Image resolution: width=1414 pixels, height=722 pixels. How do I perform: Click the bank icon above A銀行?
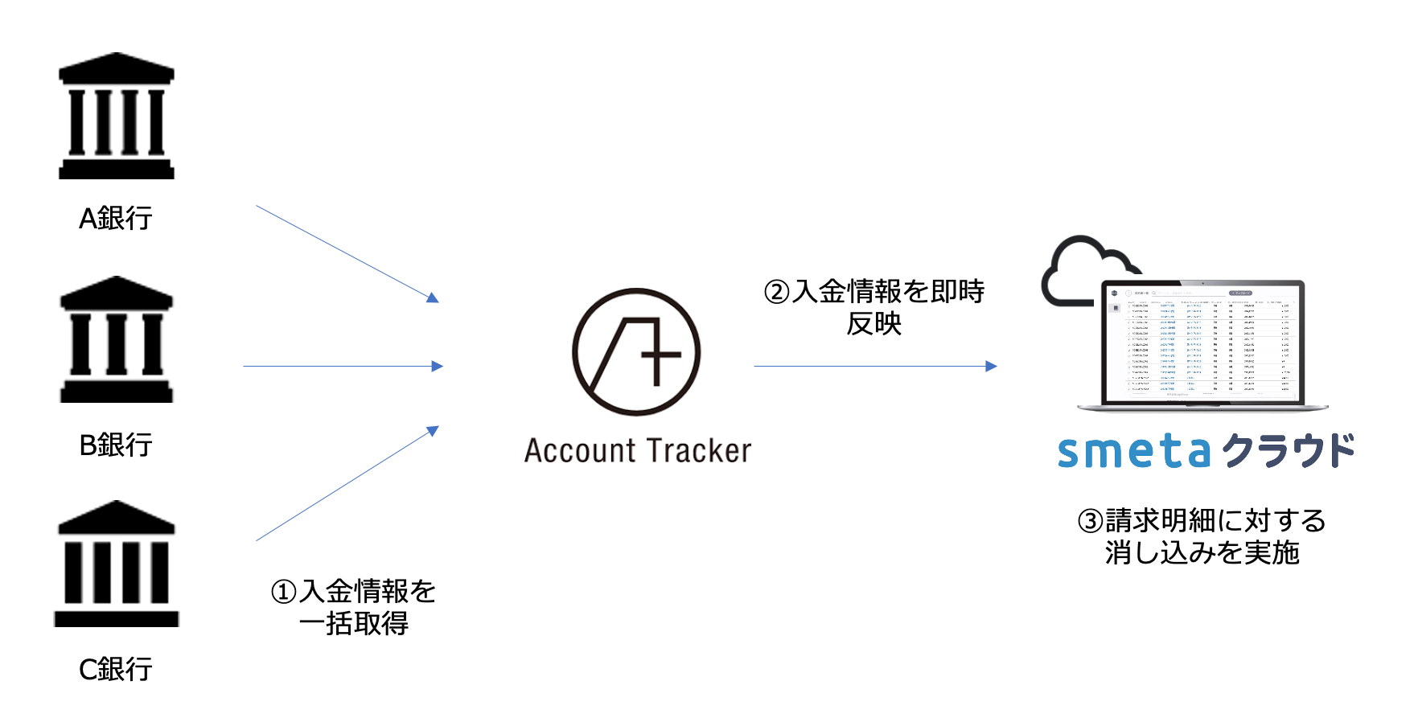[x=117, y=116]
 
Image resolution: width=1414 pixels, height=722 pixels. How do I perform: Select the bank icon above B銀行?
[x=117, y=339]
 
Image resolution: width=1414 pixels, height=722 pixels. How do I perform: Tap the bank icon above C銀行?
[x=117, y=564]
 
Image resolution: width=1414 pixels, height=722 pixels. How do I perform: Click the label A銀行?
[x=116, y=219]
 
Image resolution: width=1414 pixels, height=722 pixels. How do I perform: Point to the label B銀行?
[x=116, y=445]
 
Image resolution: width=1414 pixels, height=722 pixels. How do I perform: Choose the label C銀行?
[x=116, y=669]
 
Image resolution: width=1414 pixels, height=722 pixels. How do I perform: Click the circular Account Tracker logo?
[x=636, y=352]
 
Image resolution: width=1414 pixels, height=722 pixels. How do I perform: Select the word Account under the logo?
[x=581, y=451]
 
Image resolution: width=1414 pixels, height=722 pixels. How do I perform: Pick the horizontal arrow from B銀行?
[x=343, y=367]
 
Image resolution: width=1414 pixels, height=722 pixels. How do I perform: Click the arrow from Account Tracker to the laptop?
[x=875, y=367]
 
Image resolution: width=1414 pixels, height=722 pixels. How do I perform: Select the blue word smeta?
[x=1133, y=452]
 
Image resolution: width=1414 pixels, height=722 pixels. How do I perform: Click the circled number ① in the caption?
[x=284, y=593]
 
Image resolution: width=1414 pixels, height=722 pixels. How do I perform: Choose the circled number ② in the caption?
[x=777, y=292]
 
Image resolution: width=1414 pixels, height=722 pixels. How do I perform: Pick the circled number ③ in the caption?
[x=1090, y=521]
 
